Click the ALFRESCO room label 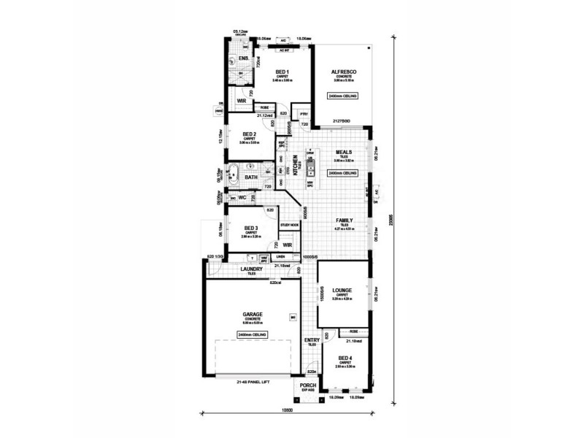tap(342, 71)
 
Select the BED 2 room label tap(249, 134)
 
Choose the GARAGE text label tap(253, 315)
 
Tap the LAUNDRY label tap(251, 269)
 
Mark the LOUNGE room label tap(342, 290)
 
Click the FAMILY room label tap(345, 220)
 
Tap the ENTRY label tap(311, 339)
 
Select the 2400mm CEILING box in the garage tap(253, 334)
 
